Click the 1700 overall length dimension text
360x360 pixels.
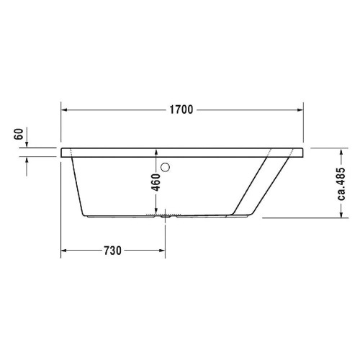point(181,110)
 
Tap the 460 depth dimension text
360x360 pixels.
point(156,181)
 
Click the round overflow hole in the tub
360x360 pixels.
point(167,168)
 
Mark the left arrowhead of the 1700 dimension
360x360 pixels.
point(64,110)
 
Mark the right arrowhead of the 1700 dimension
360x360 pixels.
point(299,110)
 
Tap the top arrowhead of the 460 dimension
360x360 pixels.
point(156,152)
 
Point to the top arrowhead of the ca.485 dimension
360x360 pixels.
point(341,152)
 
